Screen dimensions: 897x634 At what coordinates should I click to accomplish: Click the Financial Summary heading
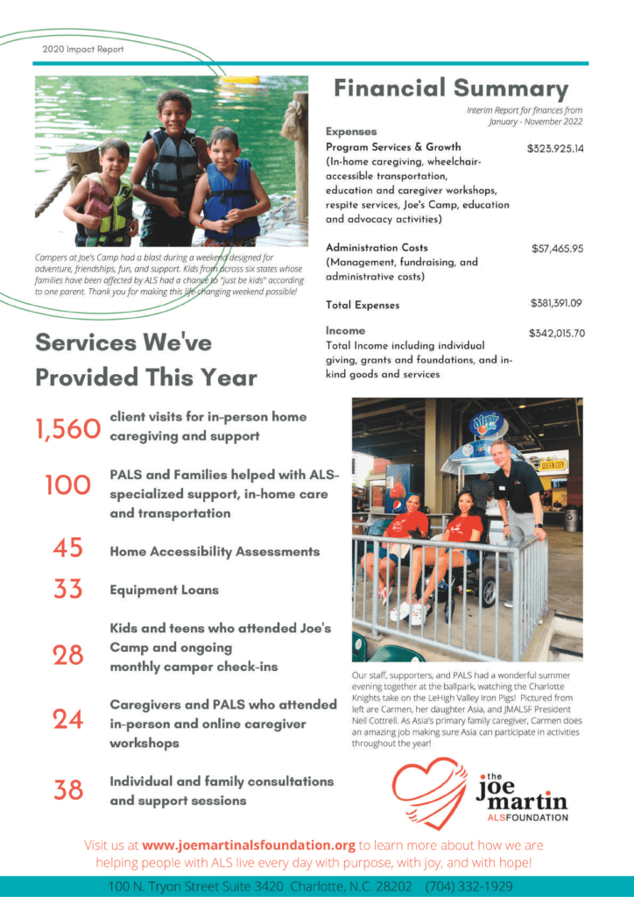451,88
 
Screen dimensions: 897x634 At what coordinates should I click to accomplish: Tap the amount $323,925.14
555,149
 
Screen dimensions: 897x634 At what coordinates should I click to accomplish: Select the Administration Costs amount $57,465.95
557,249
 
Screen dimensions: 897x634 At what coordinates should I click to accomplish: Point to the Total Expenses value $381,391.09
556,304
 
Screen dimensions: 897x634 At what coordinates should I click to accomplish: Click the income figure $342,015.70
556,334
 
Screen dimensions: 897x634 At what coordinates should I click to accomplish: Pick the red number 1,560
68,428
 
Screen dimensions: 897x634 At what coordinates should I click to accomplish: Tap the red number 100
68,485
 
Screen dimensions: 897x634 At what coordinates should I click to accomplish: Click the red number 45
68,548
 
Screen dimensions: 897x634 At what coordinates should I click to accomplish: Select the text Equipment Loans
164,590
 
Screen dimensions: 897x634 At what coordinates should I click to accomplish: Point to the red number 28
68,654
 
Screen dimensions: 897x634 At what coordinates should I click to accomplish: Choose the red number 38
68,790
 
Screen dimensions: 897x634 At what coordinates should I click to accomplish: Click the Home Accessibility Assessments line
215,552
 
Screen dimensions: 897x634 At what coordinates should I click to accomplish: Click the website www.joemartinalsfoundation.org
249,846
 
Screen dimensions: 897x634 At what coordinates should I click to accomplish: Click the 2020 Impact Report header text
82,49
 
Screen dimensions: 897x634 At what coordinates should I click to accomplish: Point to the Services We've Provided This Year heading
145,359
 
